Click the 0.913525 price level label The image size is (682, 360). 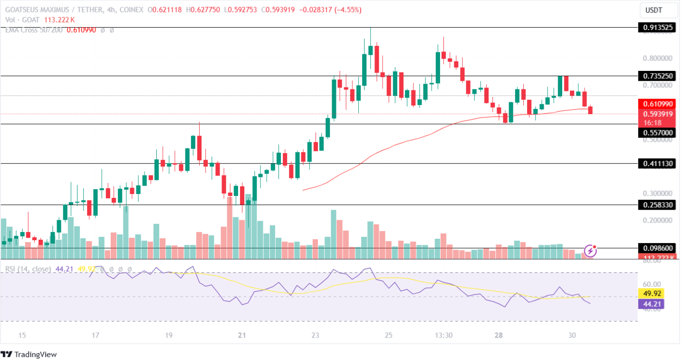[658, 28]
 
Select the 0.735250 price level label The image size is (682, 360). [658, 76]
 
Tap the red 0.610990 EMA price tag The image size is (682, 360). [658, 104]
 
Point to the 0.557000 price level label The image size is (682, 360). [658, 133]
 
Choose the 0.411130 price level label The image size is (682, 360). [658, 164]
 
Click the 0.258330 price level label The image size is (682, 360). [658, 204]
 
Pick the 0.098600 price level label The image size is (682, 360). [658, 248]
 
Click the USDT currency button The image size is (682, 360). [658, 10]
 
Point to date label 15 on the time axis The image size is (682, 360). [22, 336]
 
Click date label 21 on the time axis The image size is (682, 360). [242, 336]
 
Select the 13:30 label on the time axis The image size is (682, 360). [443, 336]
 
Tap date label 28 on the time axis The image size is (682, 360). [499, 336]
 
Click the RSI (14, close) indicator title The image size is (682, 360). [28, 269]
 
